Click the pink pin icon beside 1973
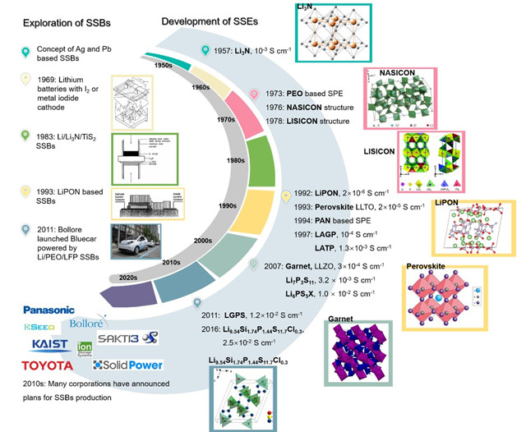tap(255, 95)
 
